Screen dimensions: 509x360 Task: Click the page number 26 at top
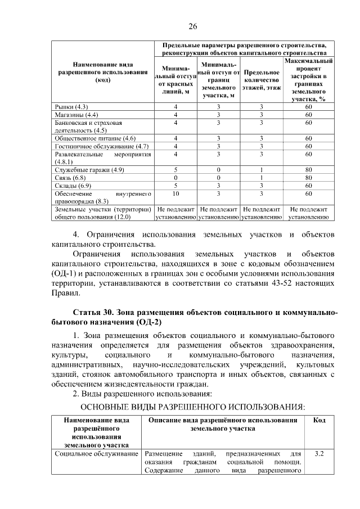192,26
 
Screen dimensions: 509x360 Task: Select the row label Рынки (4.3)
70,107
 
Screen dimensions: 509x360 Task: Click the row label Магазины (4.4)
76,115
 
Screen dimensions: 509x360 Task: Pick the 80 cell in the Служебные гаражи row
308,170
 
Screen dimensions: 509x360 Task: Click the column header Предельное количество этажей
262,80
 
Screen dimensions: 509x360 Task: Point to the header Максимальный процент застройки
308,79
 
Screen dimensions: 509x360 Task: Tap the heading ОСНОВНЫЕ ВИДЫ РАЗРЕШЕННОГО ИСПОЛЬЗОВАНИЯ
193,406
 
